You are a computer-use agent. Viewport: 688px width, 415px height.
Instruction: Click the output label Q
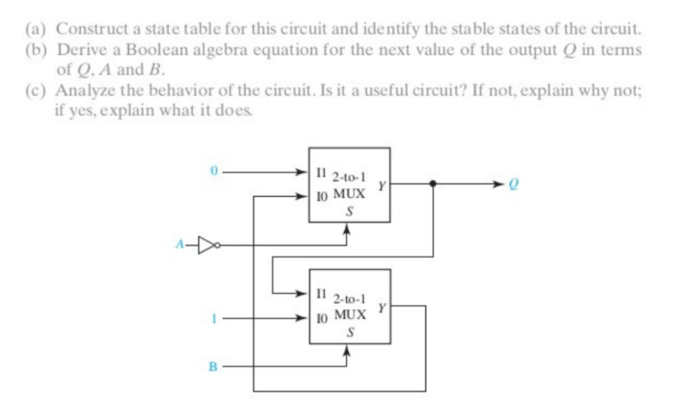[518, 183]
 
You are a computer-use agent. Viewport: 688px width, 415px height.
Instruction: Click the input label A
[179, 246]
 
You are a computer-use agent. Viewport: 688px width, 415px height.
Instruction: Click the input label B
[213, 367]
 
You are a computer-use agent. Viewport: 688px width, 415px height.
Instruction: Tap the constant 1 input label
[213, 318]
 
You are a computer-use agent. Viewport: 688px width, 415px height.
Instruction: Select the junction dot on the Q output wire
[432, 183]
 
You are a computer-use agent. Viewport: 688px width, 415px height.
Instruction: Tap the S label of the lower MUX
[349, 332]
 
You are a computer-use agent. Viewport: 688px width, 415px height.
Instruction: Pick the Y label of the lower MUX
[381, 308]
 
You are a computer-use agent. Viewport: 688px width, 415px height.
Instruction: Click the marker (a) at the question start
[37, 30]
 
